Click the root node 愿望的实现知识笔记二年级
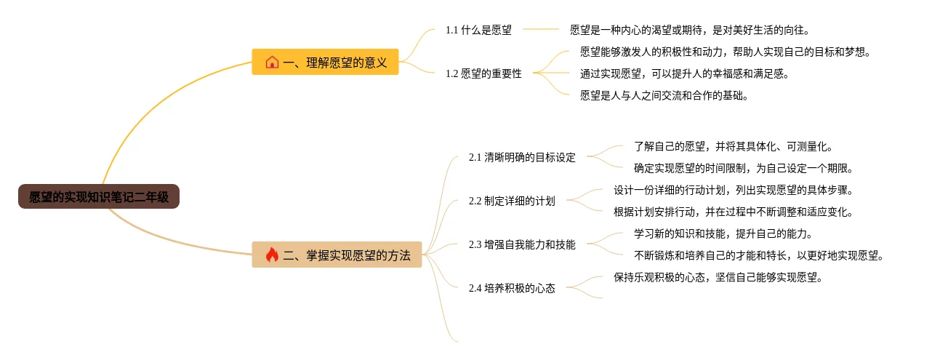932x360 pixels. click(99, 196)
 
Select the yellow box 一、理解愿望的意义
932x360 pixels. click(325, 62)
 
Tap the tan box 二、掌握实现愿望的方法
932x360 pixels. click(337, 255)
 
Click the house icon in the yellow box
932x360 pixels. click(272, 63)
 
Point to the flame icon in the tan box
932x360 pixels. click(272, 255)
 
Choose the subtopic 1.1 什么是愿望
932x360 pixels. click(478, 30)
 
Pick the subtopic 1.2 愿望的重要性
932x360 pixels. click(483, 73)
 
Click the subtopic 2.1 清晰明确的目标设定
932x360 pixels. click(521, 157)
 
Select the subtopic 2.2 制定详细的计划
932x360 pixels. click(511, 201)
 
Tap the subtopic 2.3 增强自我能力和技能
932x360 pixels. click(521, 244)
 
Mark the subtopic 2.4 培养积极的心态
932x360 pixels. click(511, 288)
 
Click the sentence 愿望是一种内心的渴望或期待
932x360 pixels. click(689, 30)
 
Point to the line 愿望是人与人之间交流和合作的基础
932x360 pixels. click(664, 95)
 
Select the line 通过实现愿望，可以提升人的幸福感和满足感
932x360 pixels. click(684, 73)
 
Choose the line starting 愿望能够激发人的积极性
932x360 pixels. click(725, 52)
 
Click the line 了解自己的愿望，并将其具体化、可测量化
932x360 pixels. click(733, 146)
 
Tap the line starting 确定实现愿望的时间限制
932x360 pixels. click(743, 168)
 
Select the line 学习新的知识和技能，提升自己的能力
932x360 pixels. click(723, 233)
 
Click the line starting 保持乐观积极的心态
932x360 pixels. click(718, 277)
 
